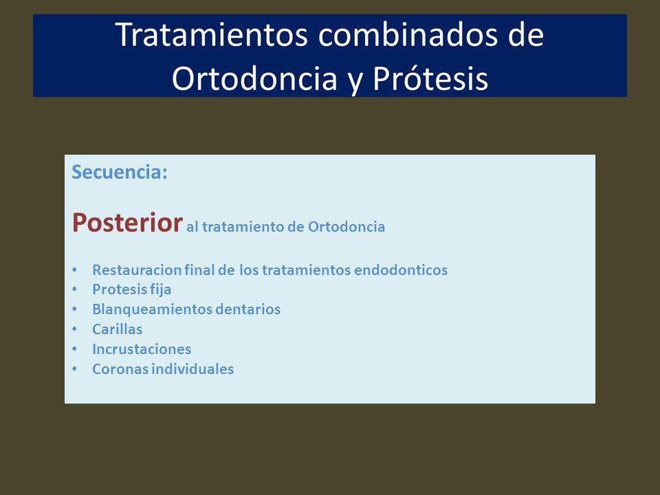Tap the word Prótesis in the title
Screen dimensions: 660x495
point(430,78)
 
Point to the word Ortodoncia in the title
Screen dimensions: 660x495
point(254,78)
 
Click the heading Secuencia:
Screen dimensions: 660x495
point(120,172)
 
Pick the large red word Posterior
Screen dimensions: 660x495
point(127,222)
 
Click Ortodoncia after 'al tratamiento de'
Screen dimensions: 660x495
point(346,226)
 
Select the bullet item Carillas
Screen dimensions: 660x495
point(118,329)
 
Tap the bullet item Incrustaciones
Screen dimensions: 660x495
point(142,349)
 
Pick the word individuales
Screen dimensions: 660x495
point(192,369)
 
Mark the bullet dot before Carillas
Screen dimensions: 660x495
point(74,329)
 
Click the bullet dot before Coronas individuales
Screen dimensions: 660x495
point(74,369)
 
